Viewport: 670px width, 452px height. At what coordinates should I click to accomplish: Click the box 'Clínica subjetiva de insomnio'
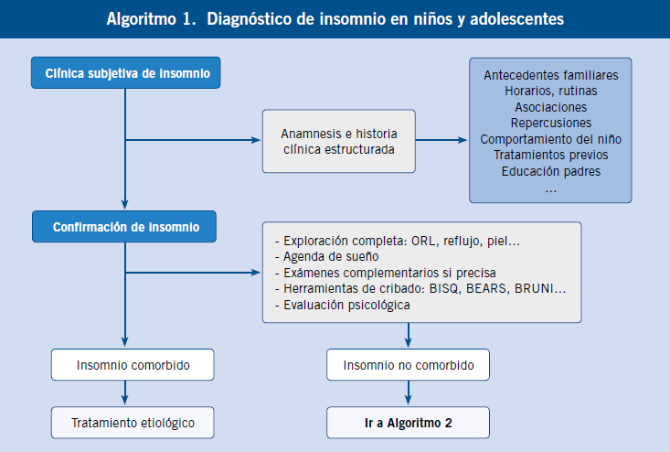click(x=125, y=72)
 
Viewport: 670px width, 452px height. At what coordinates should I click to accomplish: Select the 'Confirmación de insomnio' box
click(x=124, y=227)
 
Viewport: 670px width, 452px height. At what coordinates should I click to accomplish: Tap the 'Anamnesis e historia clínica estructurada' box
click(x=339, y=141)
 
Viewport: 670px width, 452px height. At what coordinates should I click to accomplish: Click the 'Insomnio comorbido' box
click(x=133, y=365)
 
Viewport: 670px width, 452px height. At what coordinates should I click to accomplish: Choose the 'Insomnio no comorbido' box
click(x=408, y=365)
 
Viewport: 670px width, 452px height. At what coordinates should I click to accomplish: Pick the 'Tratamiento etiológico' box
click(x=133, y=423)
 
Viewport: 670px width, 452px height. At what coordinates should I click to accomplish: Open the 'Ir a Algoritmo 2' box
click(x=408, y=423)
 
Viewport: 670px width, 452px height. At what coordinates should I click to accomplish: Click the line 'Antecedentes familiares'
click(x=551, y=75)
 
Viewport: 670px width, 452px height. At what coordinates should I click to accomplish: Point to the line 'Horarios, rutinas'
click(x=551, y=91)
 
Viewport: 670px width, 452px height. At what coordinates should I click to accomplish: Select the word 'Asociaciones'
click(x=551, y=107)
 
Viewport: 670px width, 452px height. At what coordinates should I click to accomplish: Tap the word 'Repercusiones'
click(x=551, y=124)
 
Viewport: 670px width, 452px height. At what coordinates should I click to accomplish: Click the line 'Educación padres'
click(x=551, y=171)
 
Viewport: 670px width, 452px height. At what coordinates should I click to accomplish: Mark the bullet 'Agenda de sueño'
click(x=327, y=256)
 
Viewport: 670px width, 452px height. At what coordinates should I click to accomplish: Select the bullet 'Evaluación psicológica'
click(x=343, y=305)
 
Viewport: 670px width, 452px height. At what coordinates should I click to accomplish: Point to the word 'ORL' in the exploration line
click(x=422, y=242)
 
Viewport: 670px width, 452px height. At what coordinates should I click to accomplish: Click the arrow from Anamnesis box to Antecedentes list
click(x=441, y=140)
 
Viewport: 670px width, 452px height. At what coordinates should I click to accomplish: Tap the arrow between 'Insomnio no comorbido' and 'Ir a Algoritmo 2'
click(x=408, y=393)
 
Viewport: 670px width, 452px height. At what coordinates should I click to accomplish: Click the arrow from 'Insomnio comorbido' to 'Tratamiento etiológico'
click(x=125, y=393)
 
